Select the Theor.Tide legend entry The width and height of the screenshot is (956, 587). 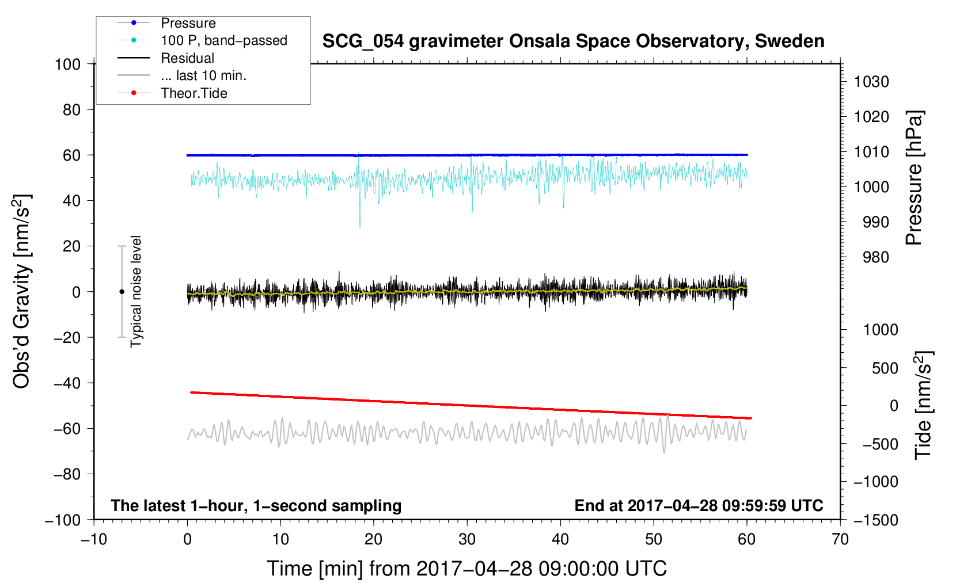pyautogui.click(x=194, y=93)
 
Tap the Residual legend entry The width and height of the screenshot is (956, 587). pyautogui.click(x=187, y=58)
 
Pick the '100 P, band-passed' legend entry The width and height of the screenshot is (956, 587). pyautogui.click(x=223, y=40)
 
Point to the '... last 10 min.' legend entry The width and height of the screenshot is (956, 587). pyautogui.click(x=203, y=75)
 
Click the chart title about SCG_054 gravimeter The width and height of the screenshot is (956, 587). pyautogui.click(x=573, y=41)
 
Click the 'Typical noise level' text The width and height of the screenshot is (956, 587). pyautogui.click(x=136, y=291)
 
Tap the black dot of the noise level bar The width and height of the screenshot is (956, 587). pyautogui.click(x=122, y=292)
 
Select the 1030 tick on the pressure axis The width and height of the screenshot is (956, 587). pyautogui.click(x=871, y=82)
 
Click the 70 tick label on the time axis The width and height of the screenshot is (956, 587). pyautogui.click(x=840, y=539)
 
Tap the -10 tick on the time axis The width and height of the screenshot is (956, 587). pyautogui.click(x=94, y=539)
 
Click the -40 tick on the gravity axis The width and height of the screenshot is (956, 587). pyautogui.click(x=67, y=383)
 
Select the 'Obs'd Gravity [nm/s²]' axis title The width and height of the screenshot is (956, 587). pyautogui.click(x=22, y=291)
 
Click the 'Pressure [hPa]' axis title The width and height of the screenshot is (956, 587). pyautogui.click(x=914, y=178)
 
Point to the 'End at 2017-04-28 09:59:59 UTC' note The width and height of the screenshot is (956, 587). pyautogui.click(x=699, y=505)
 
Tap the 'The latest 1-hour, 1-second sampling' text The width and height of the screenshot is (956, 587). pyautogui.click(x=256, y=505)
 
